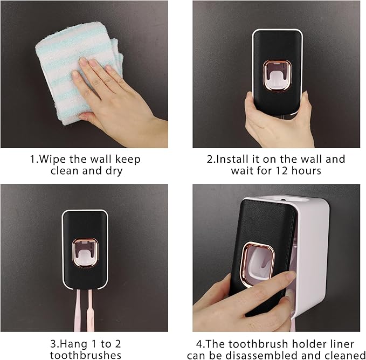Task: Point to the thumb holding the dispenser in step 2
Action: click(250, 106)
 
